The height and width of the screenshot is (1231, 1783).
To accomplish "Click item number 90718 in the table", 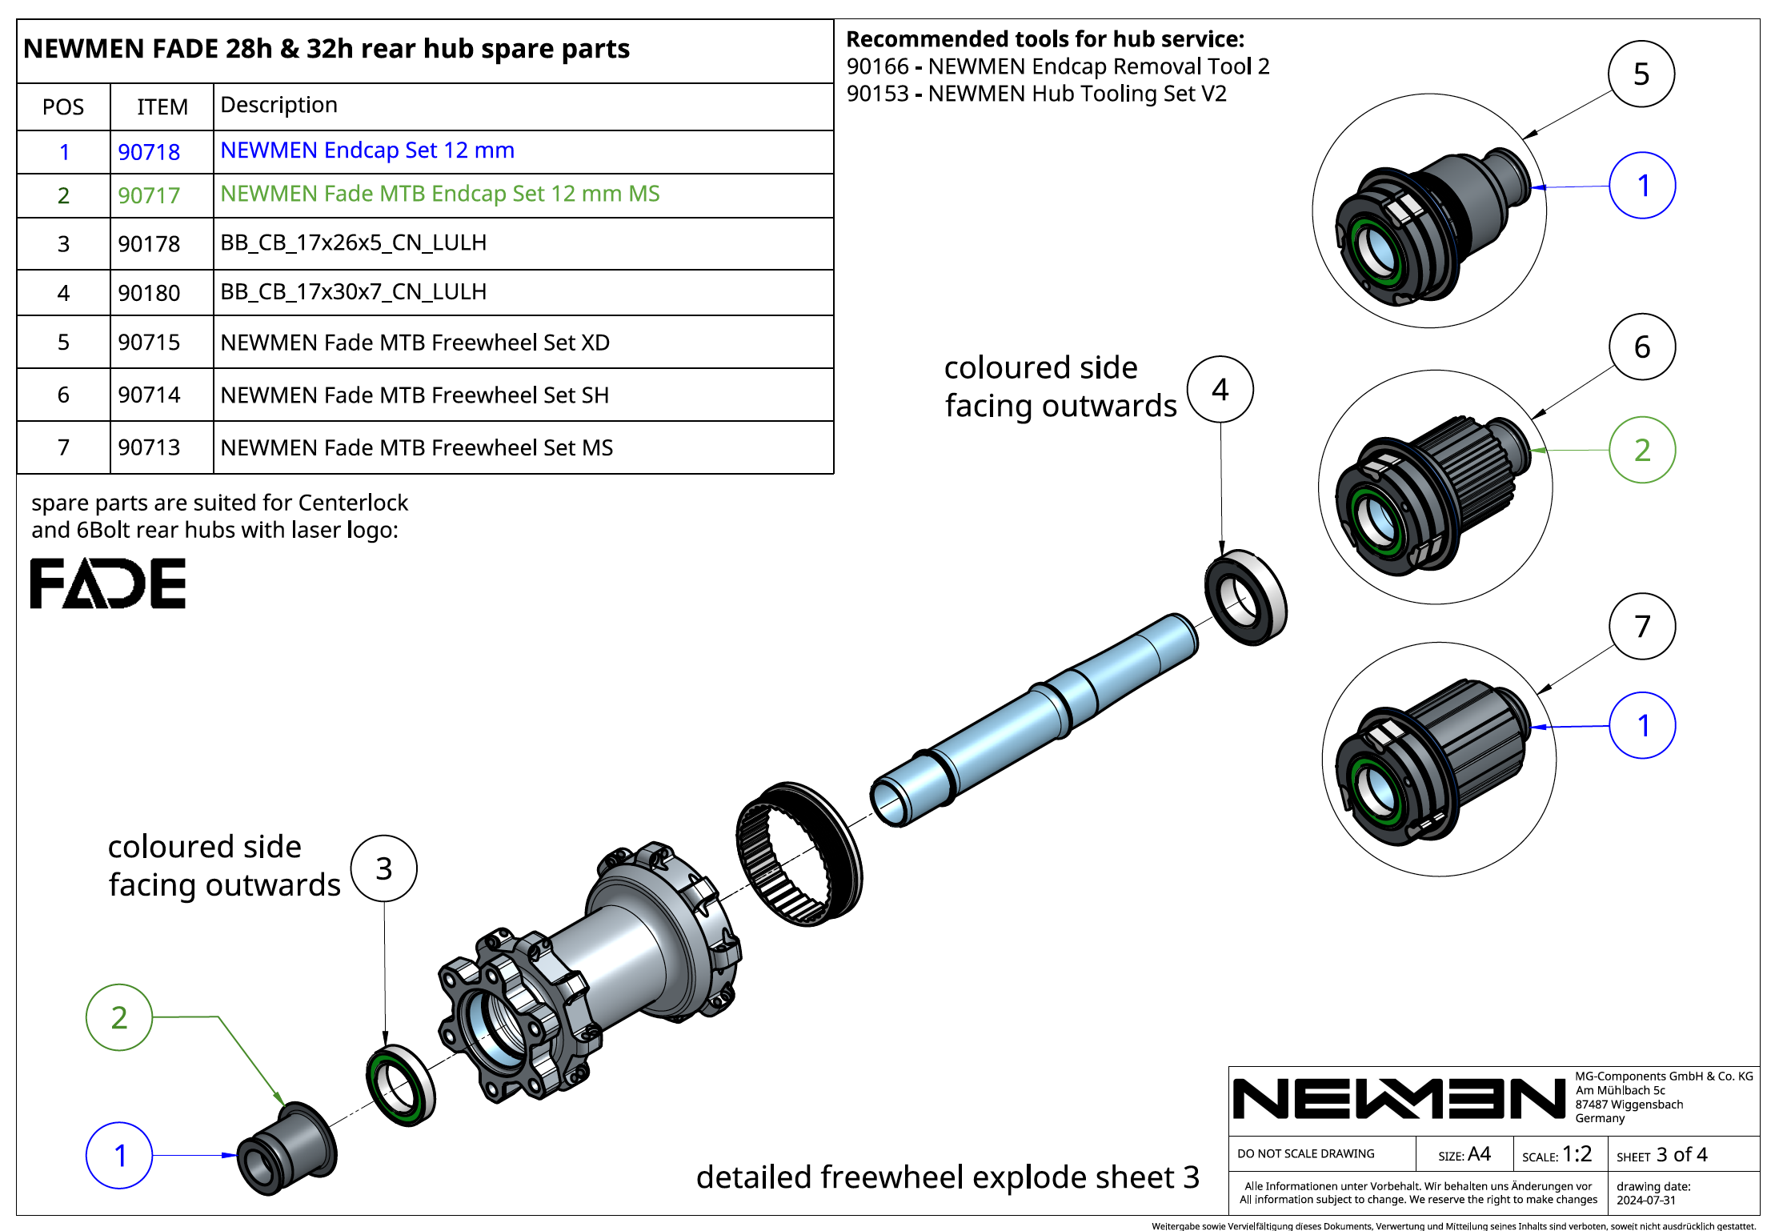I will pos(149,152).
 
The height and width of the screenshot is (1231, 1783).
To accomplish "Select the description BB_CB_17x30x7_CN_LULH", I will pos(353,292).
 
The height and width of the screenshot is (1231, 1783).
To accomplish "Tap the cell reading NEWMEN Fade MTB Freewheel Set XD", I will pos(415,343).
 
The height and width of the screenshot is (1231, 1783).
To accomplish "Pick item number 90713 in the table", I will pos(149,447).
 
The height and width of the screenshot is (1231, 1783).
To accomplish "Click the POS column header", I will pos(63,107).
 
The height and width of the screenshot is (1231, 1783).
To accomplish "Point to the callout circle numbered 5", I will pos(1641,74).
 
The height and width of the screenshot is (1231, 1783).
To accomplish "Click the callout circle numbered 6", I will pos(1641,347).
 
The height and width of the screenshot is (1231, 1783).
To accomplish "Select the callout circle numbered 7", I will pos(1641,626).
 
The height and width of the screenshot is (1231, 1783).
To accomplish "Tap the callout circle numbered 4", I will pos(1220,390).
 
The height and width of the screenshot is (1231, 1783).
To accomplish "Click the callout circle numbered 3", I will pos(384,868).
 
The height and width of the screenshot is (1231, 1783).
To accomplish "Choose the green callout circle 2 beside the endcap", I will pos(119,1017).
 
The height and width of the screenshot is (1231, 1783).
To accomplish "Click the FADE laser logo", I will pos(108,583).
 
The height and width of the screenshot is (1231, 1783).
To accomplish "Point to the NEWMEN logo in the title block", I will pos(1398,1098).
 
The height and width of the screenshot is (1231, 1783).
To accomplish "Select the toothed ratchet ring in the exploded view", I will pos(798,853).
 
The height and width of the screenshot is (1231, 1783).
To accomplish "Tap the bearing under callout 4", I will pos(1245,597).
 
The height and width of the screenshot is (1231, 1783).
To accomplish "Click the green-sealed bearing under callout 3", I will pos(400,1085).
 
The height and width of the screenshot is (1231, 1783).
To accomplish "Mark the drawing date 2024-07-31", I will pos(1646,1200).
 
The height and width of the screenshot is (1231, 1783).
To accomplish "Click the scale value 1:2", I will pos(1577,1154).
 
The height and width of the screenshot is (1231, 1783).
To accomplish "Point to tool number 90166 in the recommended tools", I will pos(877,66).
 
